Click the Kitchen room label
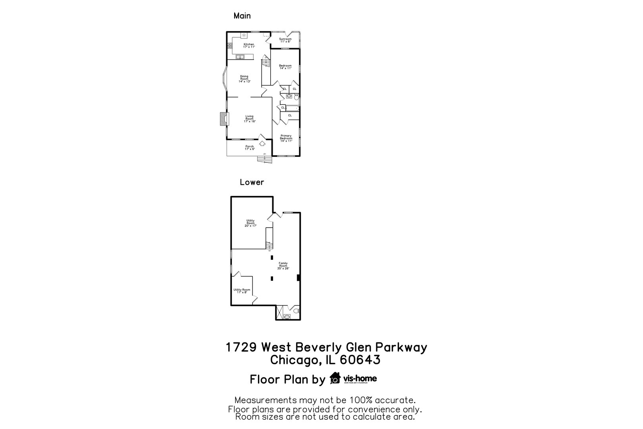coord(249,45)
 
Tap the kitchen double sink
coord(241,57)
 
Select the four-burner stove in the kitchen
coord(230,46)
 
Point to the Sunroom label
coord(285,40)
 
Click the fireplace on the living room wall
coord(223,119)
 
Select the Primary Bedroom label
coord(286,138)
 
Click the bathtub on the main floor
coord(293,108)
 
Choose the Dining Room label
coord(244,79)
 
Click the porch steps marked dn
coord(264,159)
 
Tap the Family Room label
coord(283,265)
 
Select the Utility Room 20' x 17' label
coord(250,223)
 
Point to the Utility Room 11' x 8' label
coord(242,291)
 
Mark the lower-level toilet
coord(296,311)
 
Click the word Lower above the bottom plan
coord(252,182)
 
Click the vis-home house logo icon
coord(335,378)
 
